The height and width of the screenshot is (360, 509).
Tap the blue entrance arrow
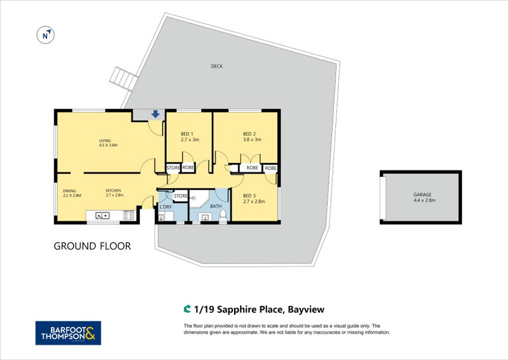(155, 114)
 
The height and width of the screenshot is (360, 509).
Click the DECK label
(217, 66)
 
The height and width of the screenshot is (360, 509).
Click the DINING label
(69, 191)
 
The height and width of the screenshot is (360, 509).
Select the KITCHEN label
(113, 191)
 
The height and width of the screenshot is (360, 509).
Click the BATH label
(216, 205)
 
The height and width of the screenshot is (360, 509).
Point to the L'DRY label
(165, 207)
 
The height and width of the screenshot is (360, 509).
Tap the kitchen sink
(102, 216)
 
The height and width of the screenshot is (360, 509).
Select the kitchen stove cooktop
(128, 216)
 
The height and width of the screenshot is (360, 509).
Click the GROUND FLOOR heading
(92, 246)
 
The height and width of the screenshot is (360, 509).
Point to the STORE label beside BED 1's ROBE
(173, 168)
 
